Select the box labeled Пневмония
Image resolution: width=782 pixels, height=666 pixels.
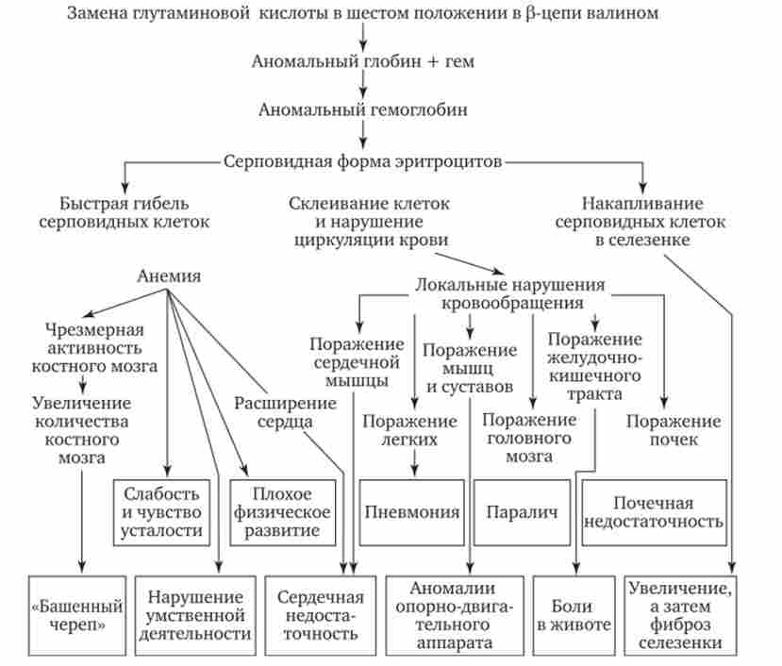click(412, 512)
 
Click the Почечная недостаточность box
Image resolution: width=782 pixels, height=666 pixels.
click(654, 512)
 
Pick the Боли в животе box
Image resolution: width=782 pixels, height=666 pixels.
click(574, 614)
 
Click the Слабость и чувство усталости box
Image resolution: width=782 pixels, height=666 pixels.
click(166, 512)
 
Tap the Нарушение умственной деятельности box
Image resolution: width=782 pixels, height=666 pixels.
click(195, 614)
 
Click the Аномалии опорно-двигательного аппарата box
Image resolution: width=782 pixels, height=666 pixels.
click(454, 614)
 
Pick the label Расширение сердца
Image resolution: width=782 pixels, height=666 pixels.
click(285, 412)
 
